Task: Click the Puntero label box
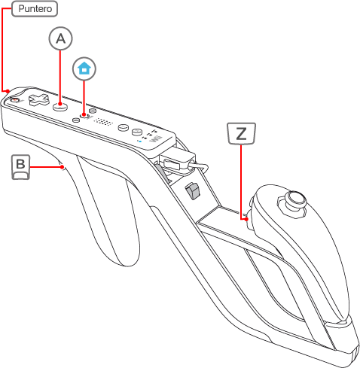point(35,9)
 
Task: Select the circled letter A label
point(60,38)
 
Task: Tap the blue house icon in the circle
point(84,68)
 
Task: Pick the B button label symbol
point(21,167)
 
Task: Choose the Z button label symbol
point(241,133)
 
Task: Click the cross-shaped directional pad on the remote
point(38,99)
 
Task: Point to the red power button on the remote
point(15,100)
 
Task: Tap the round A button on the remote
point(60,106)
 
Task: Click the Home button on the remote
point(84,115)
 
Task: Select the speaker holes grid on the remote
point(103,122)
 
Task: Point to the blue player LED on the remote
point(140,141)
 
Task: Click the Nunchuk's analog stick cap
point(296,199)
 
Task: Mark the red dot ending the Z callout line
point(246,219)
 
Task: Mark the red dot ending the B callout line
point(62,166)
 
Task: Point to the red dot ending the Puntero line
point(8,91)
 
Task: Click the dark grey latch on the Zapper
point(193,191)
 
